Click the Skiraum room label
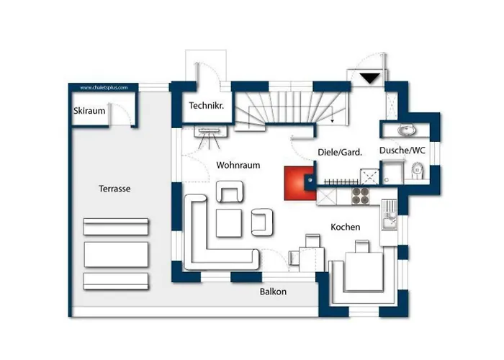tap(89, 111)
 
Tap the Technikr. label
tap(207, 105)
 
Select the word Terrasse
tap(114, 189)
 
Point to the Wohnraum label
tap(238, 165)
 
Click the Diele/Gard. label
tap(340, 152)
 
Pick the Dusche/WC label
tap(402, 150)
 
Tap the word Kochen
tap(346, 227)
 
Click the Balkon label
tap(273, 292)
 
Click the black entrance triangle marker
tap(369, 78)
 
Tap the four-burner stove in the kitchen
tap(360, 196)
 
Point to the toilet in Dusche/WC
tap(418, 171)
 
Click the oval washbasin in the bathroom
tap(407, 130)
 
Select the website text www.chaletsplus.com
tap(104, 87)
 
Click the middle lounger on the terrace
tap(116, 255)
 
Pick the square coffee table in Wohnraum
tap(229, 223)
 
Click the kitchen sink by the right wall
tap(389, 215)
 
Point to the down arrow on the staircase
tap(333, 114)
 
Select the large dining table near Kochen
tap(364, 271)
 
